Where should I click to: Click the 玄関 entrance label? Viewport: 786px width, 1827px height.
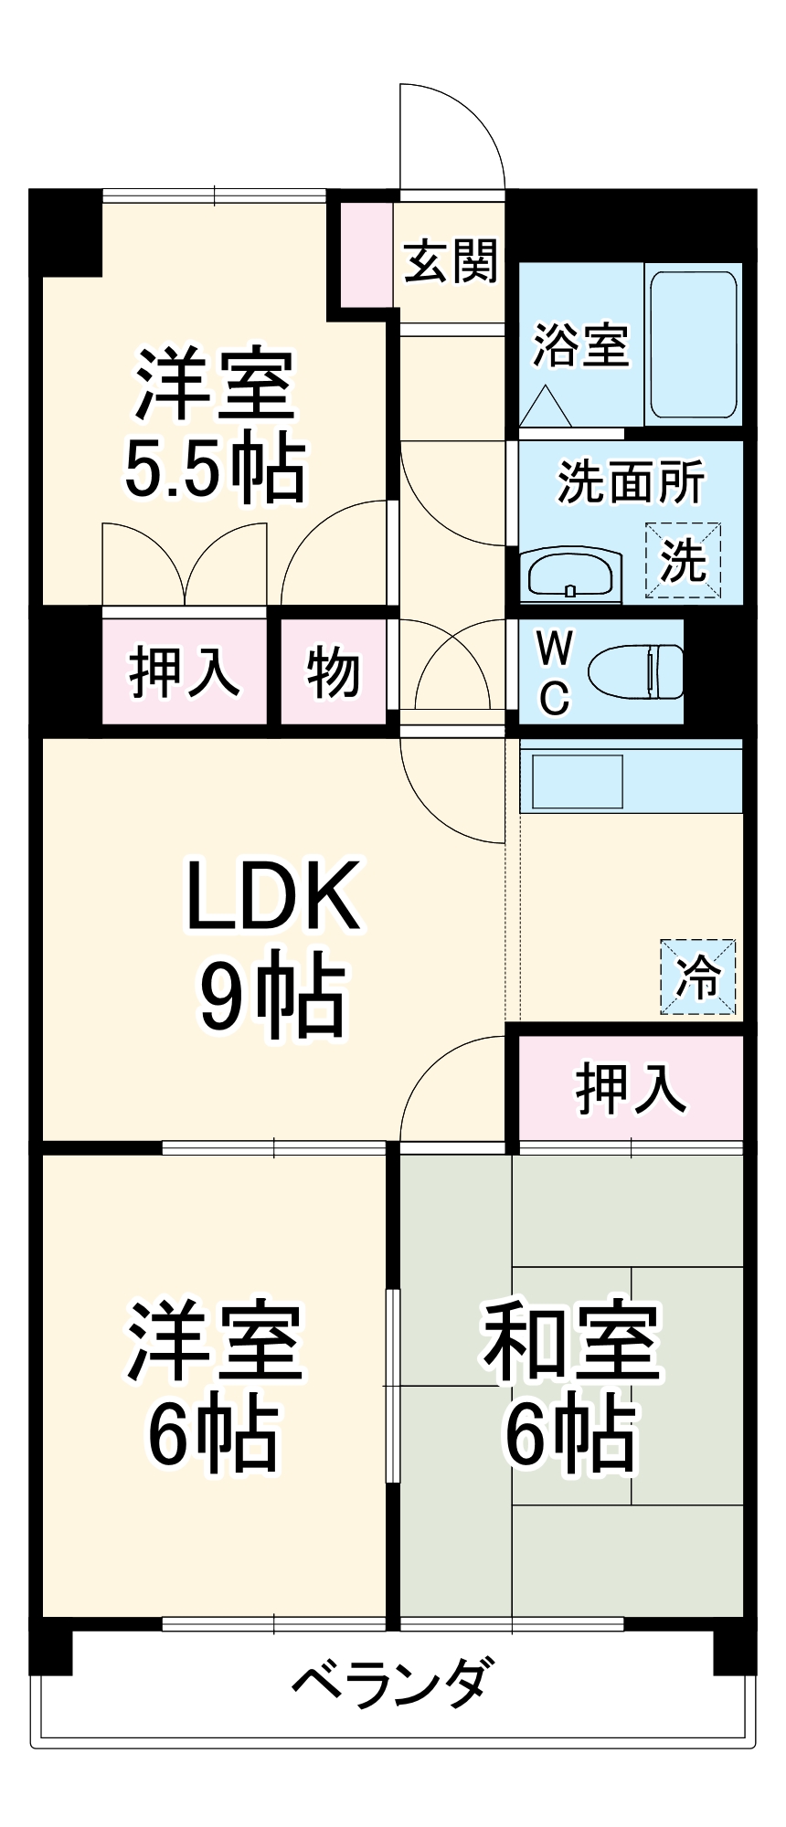[x=451, y=262]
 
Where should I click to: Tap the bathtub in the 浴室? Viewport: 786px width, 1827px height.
[x=693, y=344]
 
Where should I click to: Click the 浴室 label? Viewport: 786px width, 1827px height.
[x=581, y=345]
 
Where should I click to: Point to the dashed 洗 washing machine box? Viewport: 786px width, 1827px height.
[x=684, y=560]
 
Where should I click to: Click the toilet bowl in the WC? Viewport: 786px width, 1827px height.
[x=636, y=672]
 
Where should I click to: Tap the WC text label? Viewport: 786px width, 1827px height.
[x=554, y=673]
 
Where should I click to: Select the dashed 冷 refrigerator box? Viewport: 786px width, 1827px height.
[x=698, y=977]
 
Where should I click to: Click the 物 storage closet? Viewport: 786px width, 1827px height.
[x=334, y=672]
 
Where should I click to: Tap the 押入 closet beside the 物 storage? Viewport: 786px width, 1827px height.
[x=185, y=672]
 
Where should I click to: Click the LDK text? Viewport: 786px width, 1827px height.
[x=271, y=895]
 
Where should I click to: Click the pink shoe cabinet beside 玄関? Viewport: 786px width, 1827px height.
[x=366, y=255]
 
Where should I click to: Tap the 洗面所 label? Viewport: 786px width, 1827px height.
[x=631, y=481]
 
